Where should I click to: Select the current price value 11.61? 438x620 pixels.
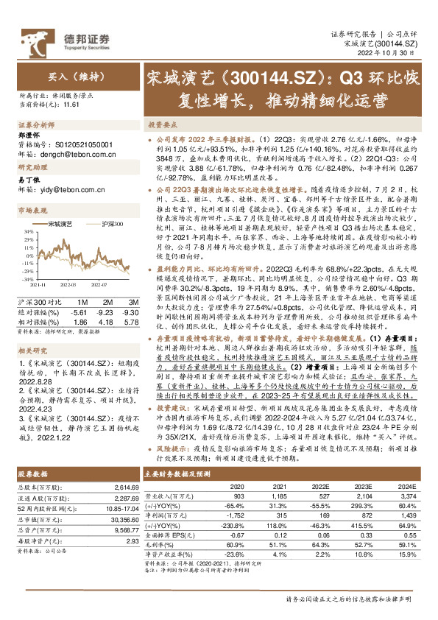[71, 105]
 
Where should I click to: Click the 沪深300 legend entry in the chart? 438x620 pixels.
[107, 223]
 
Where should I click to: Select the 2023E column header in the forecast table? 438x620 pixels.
[362, 486]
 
